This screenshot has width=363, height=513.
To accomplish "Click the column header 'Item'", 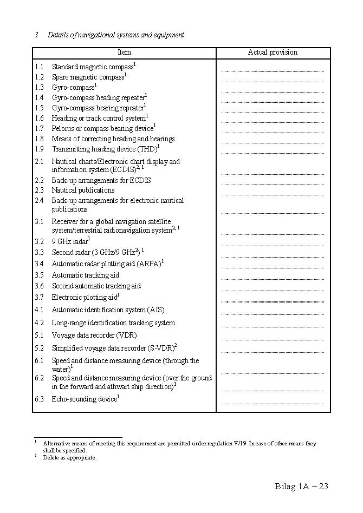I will tap(124, 52).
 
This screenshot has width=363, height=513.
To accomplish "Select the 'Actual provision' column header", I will tap(273, 52).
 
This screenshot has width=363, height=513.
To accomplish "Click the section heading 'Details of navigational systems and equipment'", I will tap(115, 35).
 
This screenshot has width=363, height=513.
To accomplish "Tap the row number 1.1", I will tap(39, 67).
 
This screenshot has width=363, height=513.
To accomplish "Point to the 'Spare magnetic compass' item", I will tap(88, 77).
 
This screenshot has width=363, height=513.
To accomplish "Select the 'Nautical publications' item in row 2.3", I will tap(83, 190).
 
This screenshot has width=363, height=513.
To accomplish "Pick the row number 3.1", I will tap(39, 222).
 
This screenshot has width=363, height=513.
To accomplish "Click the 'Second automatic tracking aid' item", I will tap(96, 286).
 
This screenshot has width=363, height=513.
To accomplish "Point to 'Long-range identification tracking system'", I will tap(113, 323).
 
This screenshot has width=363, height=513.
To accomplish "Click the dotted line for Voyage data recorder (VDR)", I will tap(272, 339).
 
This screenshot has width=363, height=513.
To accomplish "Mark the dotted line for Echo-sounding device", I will tap(272, 403).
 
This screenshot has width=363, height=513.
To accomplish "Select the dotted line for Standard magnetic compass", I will tap(272, 71).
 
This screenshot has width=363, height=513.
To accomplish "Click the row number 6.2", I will tap(39, 378).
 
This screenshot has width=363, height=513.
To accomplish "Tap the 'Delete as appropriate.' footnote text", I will tap(70, 458).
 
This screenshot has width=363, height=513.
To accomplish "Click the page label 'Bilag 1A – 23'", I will tap(301, 486).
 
